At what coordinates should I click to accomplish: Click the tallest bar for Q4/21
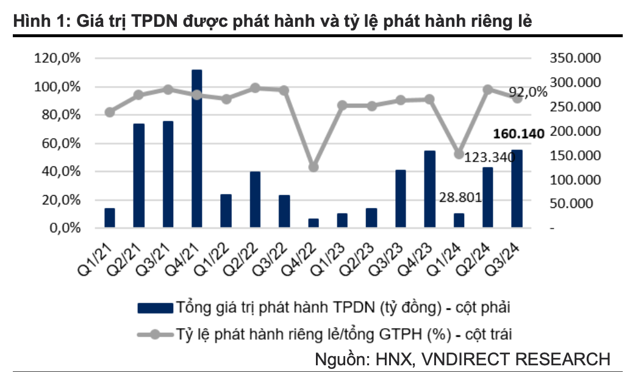[196, 149]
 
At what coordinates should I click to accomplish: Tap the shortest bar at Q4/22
[313, 223]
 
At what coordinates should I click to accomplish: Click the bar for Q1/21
[110, 218]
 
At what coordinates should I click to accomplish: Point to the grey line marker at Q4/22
[313, 167]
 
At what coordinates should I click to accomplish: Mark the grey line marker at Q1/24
[459, 154]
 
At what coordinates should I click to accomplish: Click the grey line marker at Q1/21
[110, 112]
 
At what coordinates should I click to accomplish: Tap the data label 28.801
[460, 197]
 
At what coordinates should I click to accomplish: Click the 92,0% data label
[528, 92]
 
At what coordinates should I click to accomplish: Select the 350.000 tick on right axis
[575, 59]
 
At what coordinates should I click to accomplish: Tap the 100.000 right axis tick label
[575, 180]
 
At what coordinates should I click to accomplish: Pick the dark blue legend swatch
[155, 307]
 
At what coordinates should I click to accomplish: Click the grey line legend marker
[155, 334]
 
